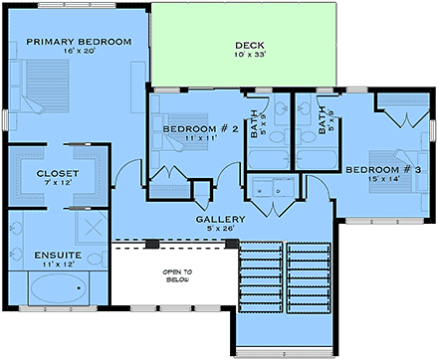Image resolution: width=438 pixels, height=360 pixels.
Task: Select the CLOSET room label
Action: coord(58,173)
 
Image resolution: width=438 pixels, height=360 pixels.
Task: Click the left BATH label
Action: coord(258,121)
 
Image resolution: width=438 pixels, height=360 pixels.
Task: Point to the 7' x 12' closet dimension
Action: coord(58,184)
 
